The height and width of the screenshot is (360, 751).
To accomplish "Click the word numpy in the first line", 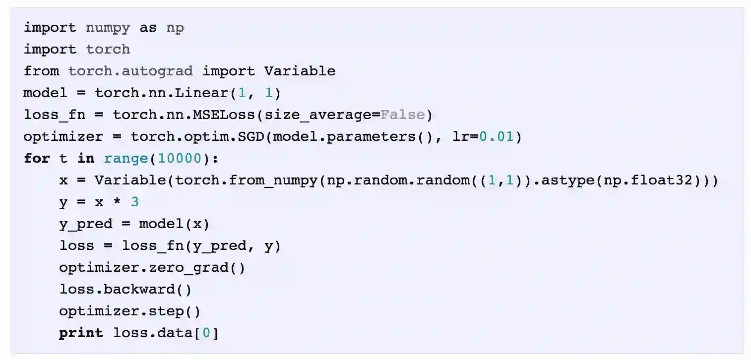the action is pyautogui.click(x=108, y=27).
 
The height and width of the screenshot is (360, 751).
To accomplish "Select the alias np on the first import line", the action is pyautogui.click(x=175, y=27).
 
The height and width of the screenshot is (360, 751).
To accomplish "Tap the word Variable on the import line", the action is pyautogui.click(x=300, y=71).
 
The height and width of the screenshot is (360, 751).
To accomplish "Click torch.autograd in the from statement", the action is pyautogui.click(x=130, y=71).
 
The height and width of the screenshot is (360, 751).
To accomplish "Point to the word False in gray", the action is pyautogui.click(x=402, y=115).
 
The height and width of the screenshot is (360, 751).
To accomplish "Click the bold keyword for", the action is pyautogui.click(x=37, y=158).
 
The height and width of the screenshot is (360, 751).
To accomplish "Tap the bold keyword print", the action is pyautogui.click(x=81, y=333).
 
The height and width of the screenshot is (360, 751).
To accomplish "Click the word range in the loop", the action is pyautogui.click(x=126, y=158).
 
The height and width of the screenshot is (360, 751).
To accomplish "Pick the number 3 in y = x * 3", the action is pyautogui.click(x=135, y=202).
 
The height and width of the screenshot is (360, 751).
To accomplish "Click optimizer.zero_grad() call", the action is pyautogui.click(x=152, y=267).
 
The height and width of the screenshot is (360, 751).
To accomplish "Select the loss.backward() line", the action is pyautogui.click(x=125, y=289).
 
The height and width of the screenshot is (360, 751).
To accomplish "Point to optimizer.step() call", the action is pyautogui.click(x=130, y=311).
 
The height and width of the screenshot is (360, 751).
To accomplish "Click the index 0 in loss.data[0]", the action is pyautogui.click(x=206, y=333).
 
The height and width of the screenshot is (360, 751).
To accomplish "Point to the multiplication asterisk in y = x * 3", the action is pyautogui.click(x=117, y=202).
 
